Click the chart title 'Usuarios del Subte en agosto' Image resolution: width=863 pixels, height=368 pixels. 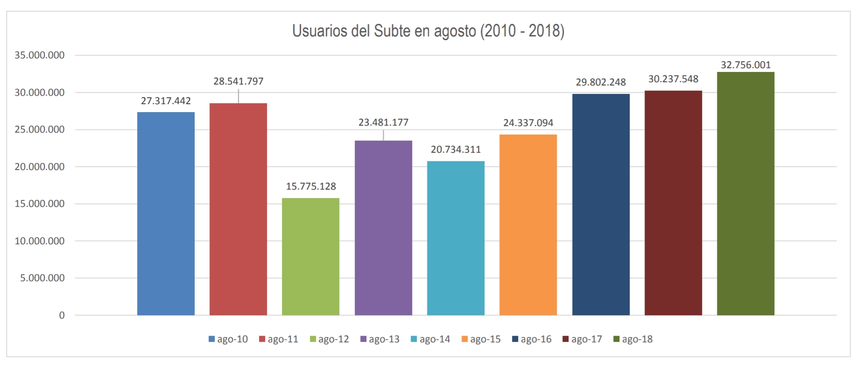[x=428, y=31]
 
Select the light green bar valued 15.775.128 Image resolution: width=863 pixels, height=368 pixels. [x=310, y=256]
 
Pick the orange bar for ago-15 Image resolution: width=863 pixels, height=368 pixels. [x=528, y=225]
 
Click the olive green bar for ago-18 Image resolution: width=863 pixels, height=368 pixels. [x=745, y=193]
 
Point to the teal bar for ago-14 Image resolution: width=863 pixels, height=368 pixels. [x=456, y=238]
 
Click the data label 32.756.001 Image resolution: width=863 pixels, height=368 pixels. [x=745, y=65]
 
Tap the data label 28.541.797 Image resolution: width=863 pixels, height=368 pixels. [x=239, y=81]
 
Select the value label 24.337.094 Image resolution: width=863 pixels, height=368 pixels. [x=528, y=123]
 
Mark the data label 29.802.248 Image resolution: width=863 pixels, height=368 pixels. [x=601, y=82]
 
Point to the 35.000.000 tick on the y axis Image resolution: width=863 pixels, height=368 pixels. [x=40, y=55]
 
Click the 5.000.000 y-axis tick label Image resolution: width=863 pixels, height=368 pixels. [x=42, y=278]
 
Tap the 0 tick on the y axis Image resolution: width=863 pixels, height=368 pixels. [x=62, y=315]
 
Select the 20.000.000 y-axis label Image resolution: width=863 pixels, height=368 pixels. [x=40, y=167]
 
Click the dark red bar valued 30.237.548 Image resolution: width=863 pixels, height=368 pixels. [x=673, y=203]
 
